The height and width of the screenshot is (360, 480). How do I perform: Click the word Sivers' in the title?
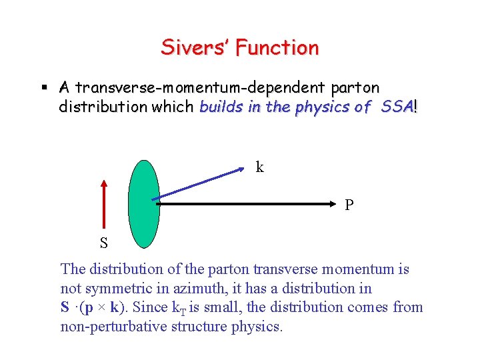pyautogui.click(x=191, y=48)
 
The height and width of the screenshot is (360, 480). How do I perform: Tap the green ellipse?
pyautogui.click(x=143, y=203)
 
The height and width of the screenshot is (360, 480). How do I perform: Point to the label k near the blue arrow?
pyautogui.click(x=260, y=167)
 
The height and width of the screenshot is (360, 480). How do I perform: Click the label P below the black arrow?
pyautogui.click(x=349, y=205)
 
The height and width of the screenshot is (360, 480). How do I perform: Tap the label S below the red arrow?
pyautogui.click(x=104, y=243)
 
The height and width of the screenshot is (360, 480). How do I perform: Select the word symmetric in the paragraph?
pyautogui.click(x=115, y=289)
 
